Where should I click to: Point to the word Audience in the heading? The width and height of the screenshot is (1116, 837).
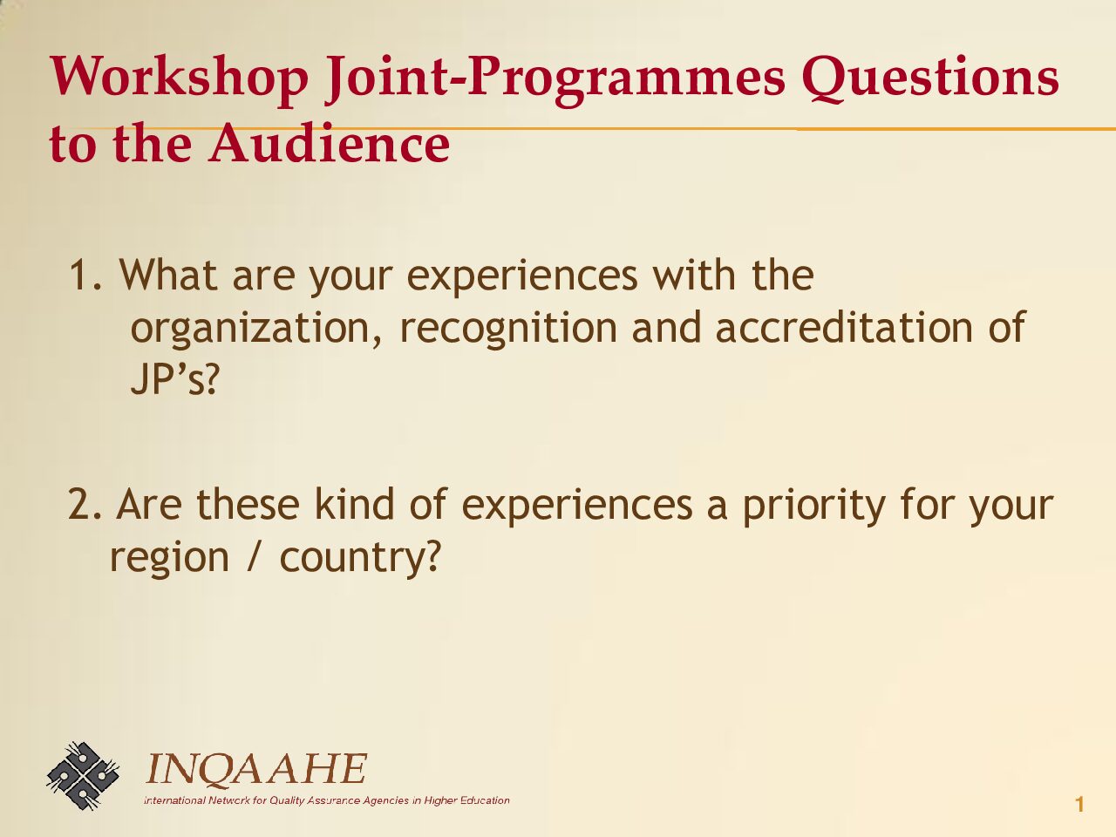[x=330, y=143]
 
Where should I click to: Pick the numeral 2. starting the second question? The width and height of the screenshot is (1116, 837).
[x=85, y=504]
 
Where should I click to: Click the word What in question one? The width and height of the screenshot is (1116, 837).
[x=169, y=275]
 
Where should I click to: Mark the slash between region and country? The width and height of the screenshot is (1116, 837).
[x=255, y=556]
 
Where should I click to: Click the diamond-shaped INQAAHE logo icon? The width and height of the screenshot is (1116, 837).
[x=83, y=775]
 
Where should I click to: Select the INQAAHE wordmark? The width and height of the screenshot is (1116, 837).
[x=256, y=768]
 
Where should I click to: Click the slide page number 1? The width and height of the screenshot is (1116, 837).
[x=1079, y=805]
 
